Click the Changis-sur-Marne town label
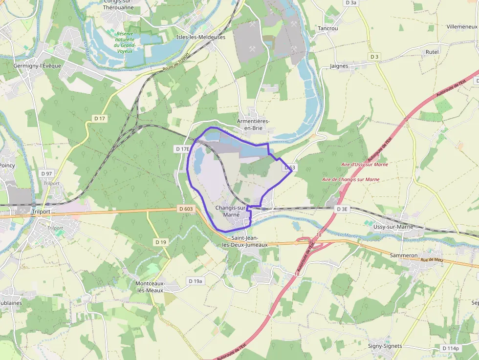point(231,211)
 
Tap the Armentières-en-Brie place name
point(253,125)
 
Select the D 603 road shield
point(186,209)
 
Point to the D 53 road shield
point(289,168)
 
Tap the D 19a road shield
point(196,281)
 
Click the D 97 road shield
point(46,173)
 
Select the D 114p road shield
point(450,348)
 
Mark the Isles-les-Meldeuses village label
point(201,37)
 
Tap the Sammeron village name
point(403,255)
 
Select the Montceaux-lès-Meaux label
point(150,286)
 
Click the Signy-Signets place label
point(385,346)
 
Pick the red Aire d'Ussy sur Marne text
point(365,165)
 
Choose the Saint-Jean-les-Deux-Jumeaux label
point(245,241)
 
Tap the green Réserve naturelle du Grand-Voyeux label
point(125,42)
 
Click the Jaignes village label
point(339,66)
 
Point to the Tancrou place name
point(328,28)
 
